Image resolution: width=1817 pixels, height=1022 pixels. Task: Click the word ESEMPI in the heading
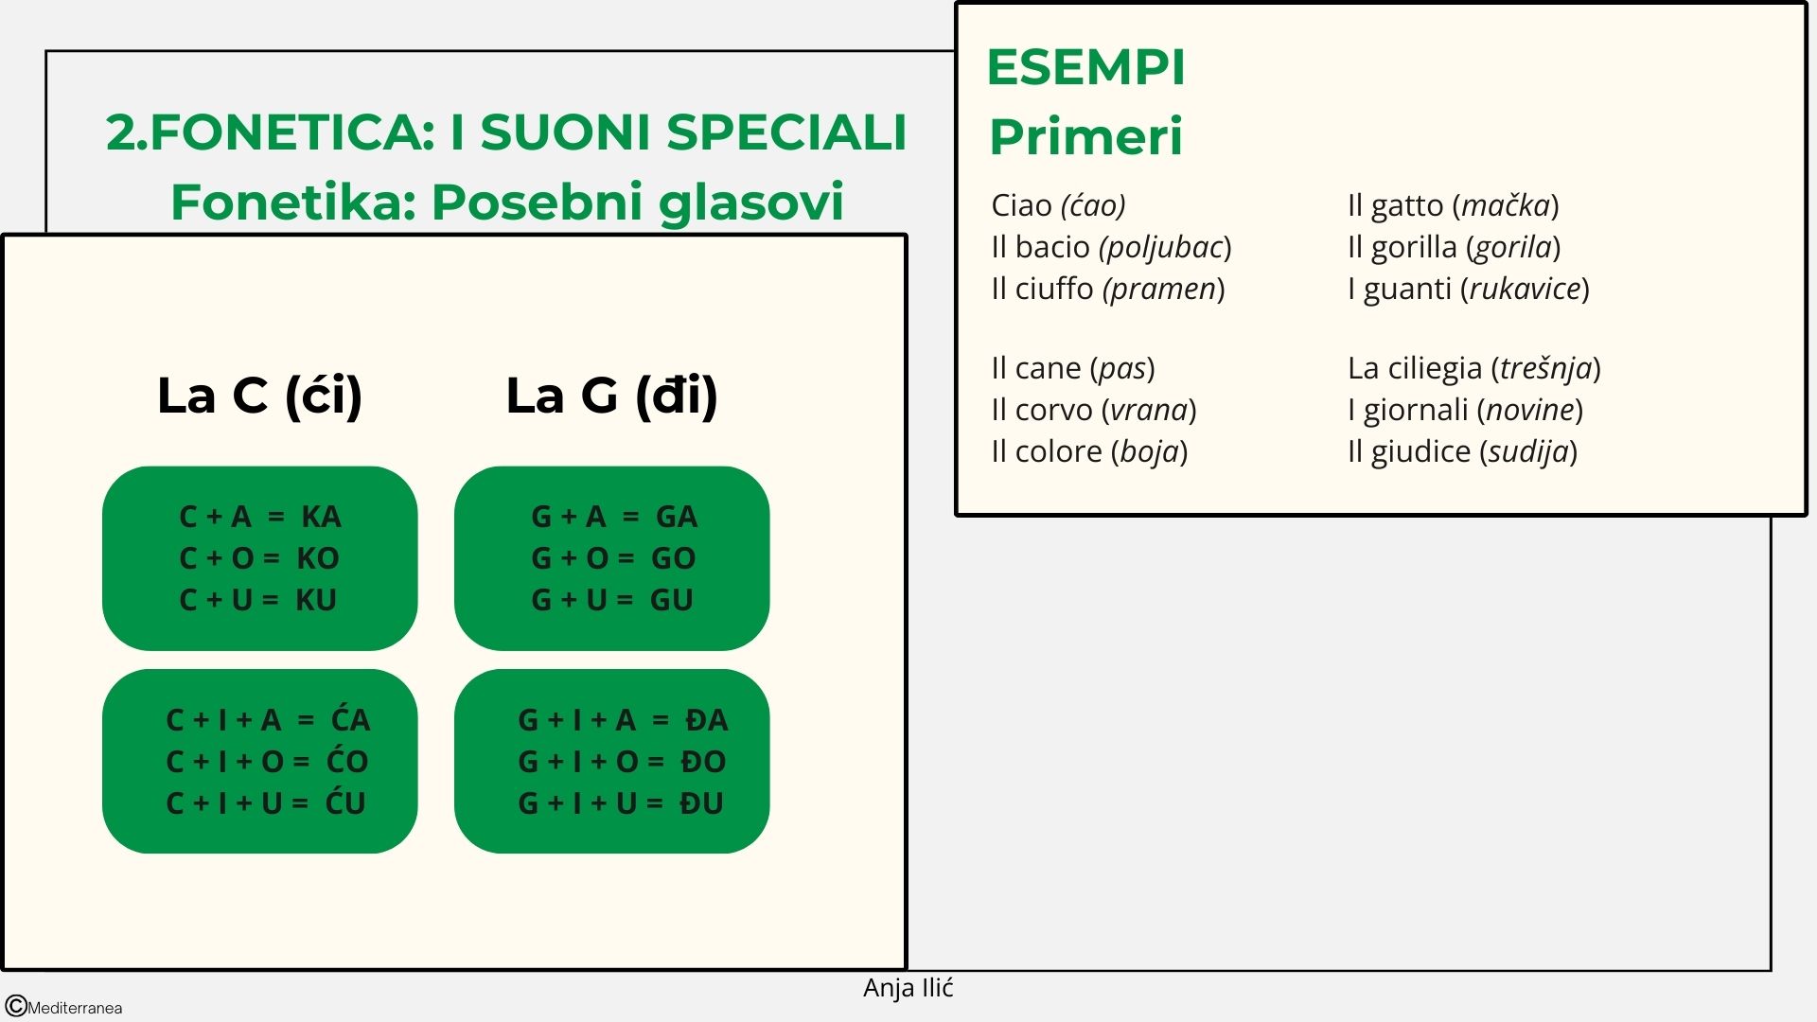pos(1085,68)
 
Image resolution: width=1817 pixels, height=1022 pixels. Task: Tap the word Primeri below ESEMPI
pos(1085,137)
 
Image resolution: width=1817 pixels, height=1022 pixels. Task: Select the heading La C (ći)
pos(259,396)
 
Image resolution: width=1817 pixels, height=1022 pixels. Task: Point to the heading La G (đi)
pos(611,396)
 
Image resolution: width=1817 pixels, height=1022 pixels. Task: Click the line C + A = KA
pos(259,517)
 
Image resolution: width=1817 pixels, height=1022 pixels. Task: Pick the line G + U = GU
pos(611,600)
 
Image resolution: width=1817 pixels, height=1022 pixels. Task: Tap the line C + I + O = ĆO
pos(267,762)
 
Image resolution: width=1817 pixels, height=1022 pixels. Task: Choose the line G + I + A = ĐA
pos(622,720)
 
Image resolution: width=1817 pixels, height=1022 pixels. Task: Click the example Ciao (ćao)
pos(1058,205)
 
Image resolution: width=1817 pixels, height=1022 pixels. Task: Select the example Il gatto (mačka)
pos(1453,205)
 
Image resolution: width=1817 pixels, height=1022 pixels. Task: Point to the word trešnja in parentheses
pos(1545,368)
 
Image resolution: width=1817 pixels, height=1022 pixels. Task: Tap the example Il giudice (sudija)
pos(1462,451)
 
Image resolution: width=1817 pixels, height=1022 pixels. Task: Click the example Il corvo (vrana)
pos(1093,410)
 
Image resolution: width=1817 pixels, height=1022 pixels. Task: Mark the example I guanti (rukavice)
pos(1468,289)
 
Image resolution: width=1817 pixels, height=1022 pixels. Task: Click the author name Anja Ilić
pos(908,988)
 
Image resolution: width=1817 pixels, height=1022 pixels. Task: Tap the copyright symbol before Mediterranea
pos(16,1006)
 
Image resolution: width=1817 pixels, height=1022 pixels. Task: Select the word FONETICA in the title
pos(292,132)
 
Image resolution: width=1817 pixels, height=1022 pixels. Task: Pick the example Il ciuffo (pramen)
pos(1107,289)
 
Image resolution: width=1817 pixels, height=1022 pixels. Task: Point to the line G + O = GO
pos(612,558)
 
